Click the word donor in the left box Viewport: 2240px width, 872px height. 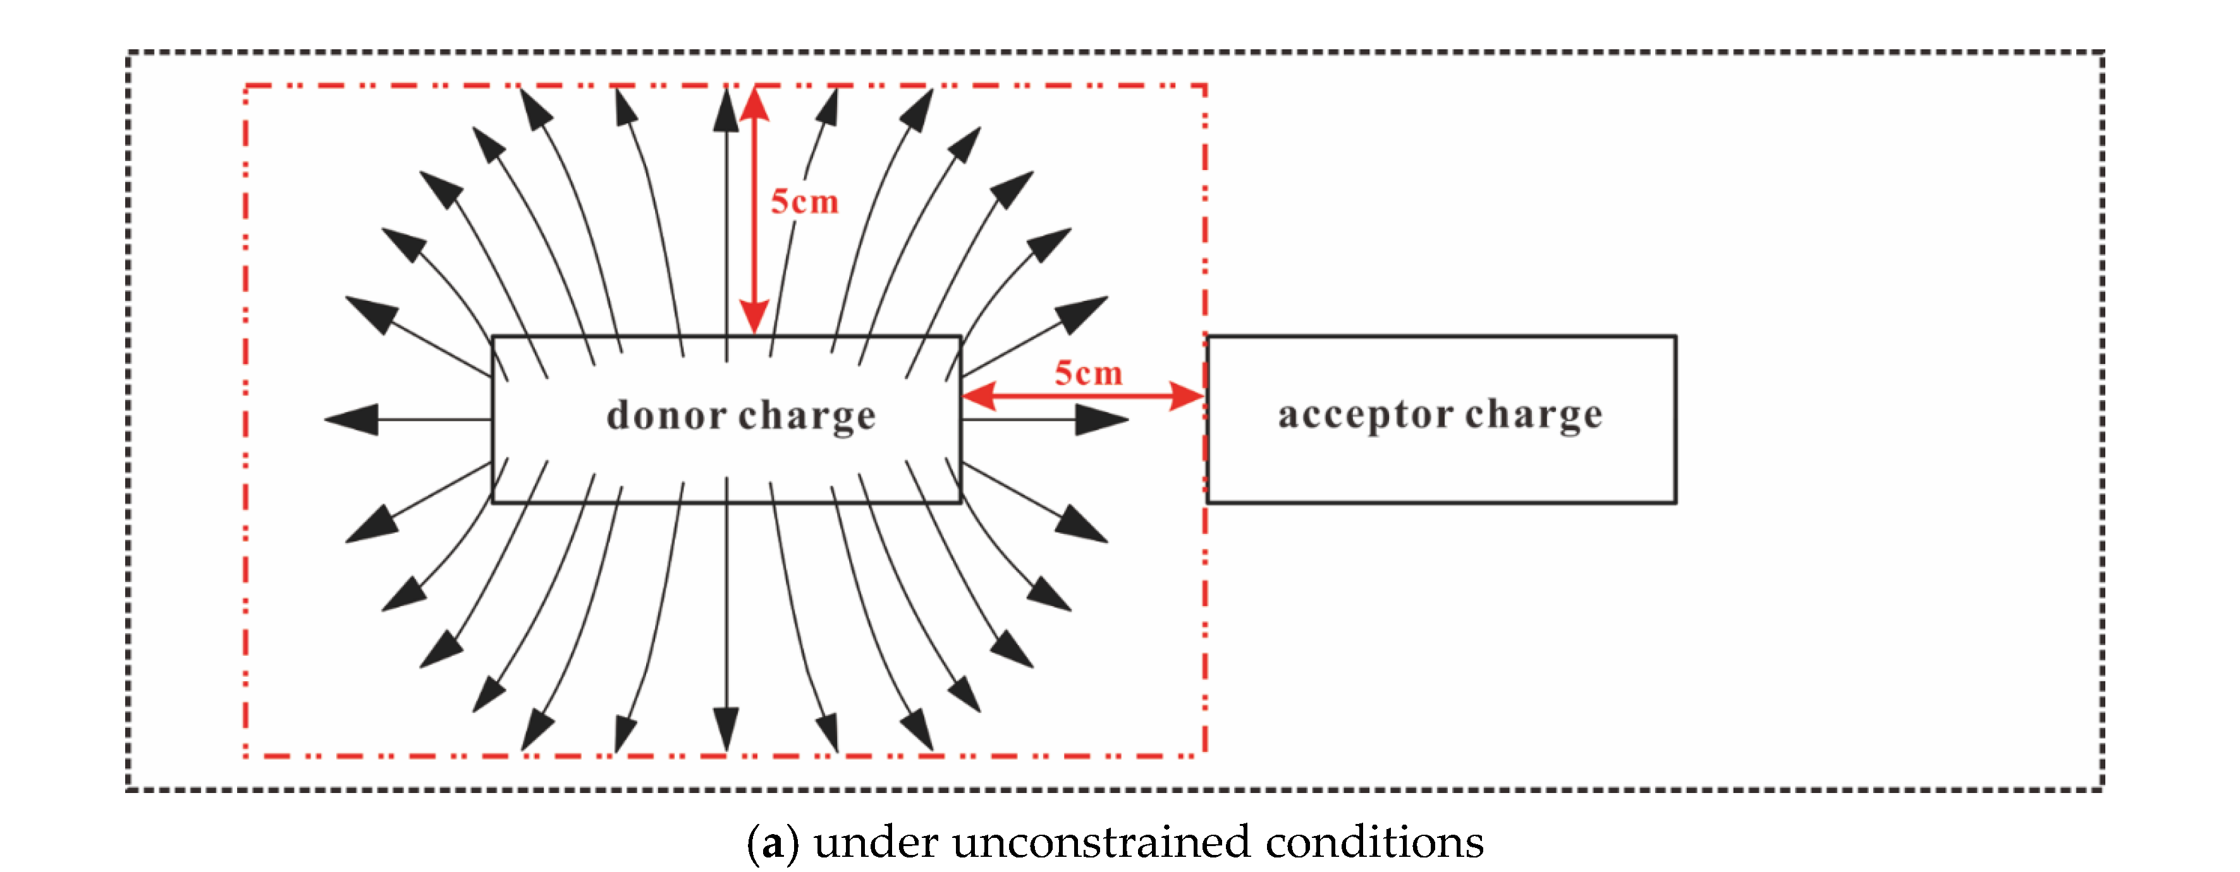pyautogui.click(x=666, y=416)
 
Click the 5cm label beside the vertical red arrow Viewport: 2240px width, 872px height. pyautogui.click(x=804, y=202)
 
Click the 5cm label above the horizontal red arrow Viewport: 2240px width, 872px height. pyautogui.click(x=1088, y=374)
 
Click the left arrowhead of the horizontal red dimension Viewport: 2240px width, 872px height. pyautogui.click(x=977, y=396)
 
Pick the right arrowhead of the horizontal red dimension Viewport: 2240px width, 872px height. pyautogui.click(x=1188, y=396)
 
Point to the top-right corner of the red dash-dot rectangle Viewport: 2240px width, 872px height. pyautogui.click(x=1204, y=86)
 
